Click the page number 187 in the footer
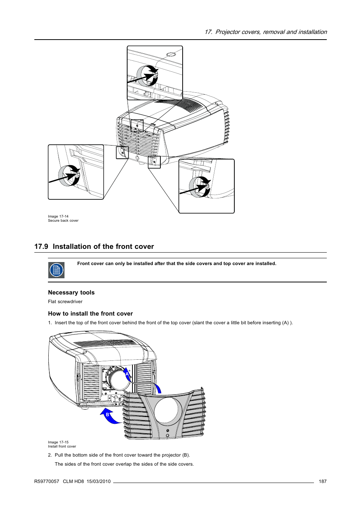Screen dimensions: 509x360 [x=322, y=481]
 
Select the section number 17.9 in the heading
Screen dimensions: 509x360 [x=41, y=247]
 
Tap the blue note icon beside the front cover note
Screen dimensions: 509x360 [x=56, y=270]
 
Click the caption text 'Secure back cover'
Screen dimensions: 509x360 [x=63, y=221]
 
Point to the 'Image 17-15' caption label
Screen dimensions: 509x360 [x=58, y=442]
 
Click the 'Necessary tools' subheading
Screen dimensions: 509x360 [x=71, y=293]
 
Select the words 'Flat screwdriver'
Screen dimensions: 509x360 [x=65, y=302]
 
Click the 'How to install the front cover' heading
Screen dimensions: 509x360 [x=90, y=314]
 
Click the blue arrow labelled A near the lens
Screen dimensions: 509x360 [x=128, y=374]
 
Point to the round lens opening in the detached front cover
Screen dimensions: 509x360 [x=168, y=410]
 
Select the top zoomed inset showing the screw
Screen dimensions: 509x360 [x=155, y=73]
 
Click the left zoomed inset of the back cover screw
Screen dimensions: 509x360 [x=75, y=172]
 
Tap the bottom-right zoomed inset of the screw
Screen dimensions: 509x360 [x=206, y=186]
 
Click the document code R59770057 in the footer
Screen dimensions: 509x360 [x=46, y=481]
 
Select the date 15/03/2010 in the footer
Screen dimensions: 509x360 [x=98, y=481]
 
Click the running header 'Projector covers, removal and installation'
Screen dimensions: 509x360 [x=271, y=32]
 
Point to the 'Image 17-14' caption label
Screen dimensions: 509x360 [x=58, y=216]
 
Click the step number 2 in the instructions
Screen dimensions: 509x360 [x=50, y=455]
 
